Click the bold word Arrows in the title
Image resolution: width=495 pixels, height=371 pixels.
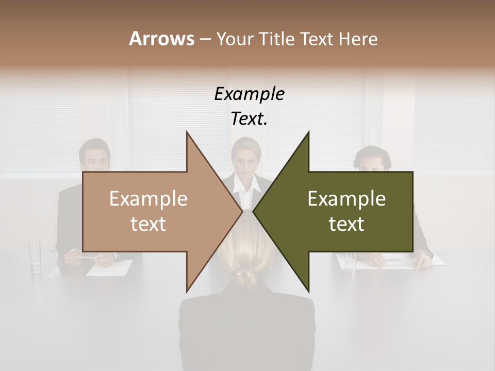point(161,39)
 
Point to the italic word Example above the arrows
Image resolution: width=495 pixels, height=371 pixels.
point(250,94)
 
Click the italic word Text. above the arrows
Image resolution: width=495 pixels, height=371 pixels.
point(250,119)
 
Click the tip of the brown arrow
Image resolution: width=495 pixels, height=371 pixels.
point(241,211)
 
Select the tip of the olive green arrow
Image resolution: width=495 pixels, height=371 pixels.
point(254,211)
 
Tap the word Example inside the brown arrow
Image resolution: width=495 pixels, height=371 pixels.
point(148,199)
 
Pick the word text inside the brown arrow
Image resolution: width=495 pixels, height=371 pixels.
point(148,224)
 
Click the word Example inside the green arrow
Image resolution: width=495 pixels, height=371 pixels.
point(346,199)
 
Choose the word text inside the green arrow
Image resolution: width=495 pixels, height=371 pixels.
point(346,224)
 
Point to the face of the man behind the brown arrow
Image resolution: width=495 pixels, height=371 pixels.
point(95,157)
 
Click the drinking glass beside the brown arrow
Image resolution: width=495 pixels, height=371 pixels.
point(35,256)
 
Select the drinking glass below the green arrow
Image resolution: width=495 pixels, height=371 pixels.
point(351,262)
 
